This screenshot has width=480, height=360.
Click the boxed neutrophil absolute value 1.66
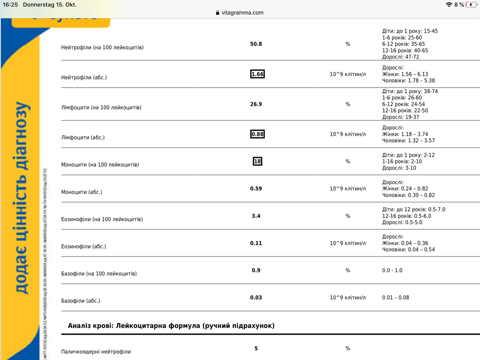(257, 74)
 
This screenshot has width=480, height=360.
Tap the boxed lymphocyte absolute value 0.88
(257, 134)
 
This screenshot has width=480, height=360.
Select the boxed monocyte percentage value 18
(257, 161)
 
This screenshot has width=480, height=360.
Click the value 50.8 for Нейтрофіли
(256, 44)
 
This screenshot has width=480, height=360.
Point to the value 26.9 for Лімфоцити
(256, 104)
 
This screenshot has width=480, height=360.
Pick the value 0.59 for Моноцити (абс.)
(256, 188)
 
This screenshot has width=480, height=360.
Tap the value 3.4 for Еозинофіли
(256, 216)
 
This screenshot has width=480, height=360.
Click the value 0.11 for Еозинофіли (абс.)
(256, 243)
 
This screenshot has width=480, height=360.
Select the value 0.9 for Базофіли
(256, 270)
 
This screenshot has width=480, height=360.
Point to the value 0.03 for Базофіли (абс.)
(256, 297)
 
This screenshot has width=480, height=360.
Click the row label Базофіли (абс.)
(81, 301)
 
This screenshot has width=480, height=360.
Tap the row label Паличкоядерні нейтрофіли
(96, 352)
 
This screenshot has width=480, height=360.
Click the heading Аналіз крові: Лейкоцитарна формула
(171, 325)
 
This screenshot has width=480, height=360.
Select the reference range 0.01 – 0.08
(396, 297)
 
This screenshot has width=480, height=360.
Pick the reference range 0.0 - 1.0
(392, 270)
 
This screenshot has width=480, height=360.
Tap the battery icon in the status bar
(471, 5)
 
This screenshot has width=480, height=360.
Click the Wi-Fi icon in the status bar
(449, 5)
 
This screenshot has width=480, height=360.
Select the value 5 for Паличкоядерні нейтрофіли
(256, 348)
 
